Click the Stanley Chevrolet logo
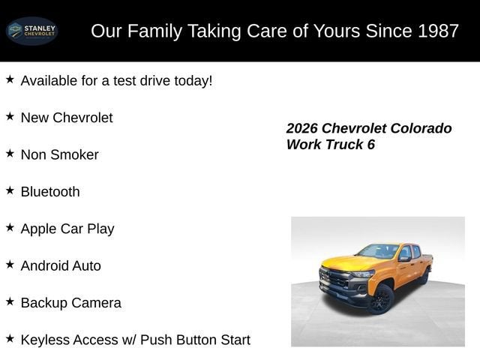(x=31, y=31)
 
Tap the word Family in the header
(x=158, y=31)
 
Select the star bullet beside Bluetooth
(x=10, y=190)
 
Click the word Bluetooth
(x=50, y=192)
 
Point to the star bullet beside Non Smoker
(x=10, y=153)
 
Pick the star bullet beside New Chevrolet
(x=10, y=116)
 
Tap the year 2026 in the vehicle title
(x=302, y=128)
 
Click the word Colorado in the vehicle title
(x=419, y=128)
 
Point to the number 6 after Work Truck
(x=370, y=145)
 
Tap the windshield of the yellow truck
(x=378, y=251)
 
